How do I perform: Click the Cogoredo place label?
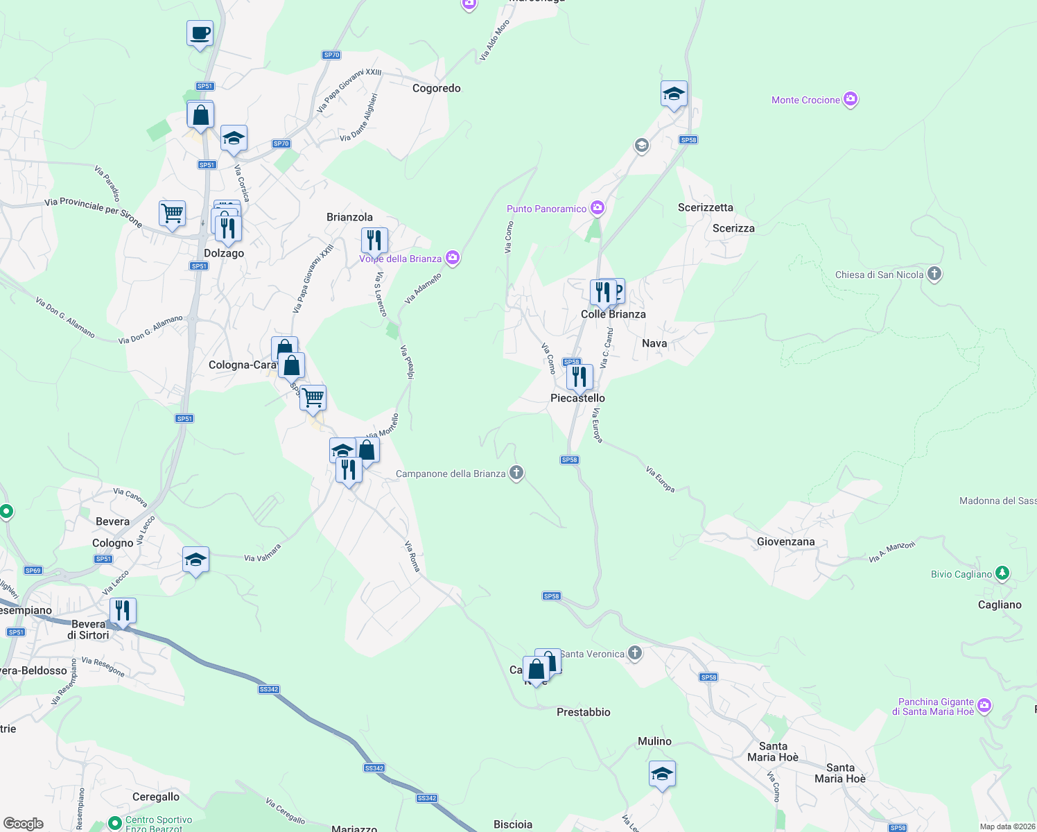pyautogui.click(x=436, y=88)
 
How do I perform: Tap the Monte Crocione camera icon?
pyautogui.click(x=851, y=99)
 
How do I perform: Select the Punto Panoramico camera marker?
pyautogui.click(x=598, y=208)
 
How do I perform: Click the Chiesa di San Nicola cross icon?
pyautogui.click(x=934, y=274)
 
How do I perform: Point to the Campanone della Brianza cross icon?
pyautogui.click(x=516, y=473)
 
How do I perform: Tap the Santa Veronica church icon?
pyautogui.click(x=634, y=653)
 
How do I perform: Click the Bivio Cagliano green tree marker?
pyautogui.click(x=1002, y=573)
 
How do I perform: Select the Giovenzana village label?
pyautogui.click(x=785, y=541)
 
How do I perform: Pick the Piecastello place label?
pyautogui.click(x=577, y=398)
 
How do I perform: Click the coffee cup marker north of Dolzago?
pyautogui.click(x=200, y=33)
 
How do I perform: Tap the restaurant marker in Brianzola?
pyautogui.click(x=374, y=241)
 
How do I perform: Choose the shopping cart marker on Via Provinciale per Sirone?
pyautogui.click(x=172, y=213)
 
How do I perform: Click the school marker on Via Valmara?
pyautogui.click(x=195, y=560)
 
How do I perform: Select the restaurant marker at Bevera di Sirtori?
pyautogui.click(x=123, y=611)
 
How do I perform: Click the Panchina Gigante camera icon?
pyautogui.click(x=984, y=706)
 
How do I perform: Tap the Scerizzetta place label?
pyautogui.click(x=705, y=207)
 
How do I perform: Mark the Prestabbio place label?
pyautogui.click(x=583, y=712)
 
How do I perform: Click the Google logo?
pyautogui.click(x=24, y=824)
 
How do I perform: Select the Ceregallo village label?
pyautogui.click(x=156, y=797)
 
